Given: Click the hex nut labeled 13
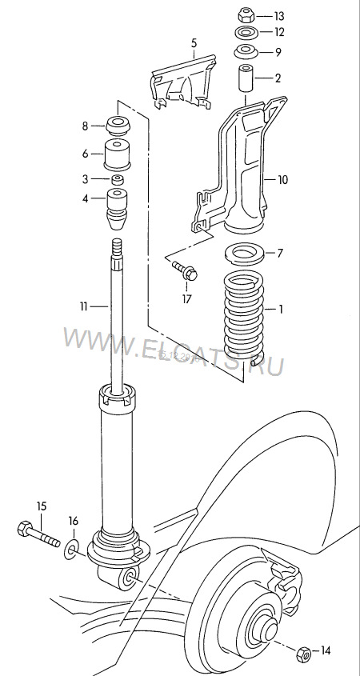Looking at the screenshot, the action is pyautogui.click(x=246, y=15).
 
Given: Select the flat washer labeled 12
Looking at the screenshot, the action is pyautogui.click(x=246, y=32).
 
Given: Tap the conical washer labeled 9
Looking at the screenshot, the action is pyautogui.click(x=246, y=51).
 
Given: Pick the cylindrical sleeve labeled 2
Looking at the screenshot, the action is pyautogui.click(x=246, y=78).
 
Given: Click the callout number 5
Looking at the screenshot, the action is pyautogui.click(x=194, y=42).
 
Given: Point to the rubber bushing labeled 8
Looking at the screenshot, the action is pyautogui.click(x=118, y=126).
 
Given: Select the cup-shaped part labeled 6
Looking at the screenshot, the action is pyautogui.click(x=118, y=154).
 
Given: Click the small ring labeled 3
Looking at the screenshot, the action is pyautogui.click(x=118, y=179).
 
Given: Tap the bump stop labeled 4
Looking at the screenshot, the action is pyautogui.click(x=118, y=210).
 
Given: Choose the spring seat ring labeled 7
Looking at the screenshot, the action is pyautogui.click(x=245, y=253).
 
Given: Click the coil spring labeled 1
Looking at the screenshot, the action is pyautogui.click(x=244, y=318).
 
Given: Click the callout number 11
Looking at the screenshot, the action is pyautogui.click(x=84, y=306).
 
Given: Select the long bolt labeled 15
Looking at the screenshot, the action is pyautogui.click(x=38, y=534).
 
